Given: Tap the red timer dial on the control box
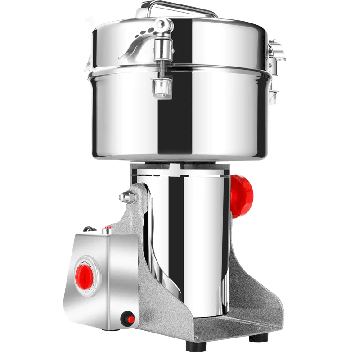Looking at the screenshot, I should click(85, 273).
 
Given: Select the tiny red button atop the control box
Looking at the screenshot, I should click(107, 230).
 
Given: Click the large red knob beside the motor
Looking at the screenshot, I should click(242, 195).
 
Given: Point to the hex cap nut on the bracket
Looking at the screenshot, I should click(126, 197).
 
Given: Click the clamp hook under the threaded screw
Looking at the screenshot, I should click(162, 87).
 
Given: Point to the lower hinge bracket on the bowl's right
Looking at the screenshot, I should click(273, 93).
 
